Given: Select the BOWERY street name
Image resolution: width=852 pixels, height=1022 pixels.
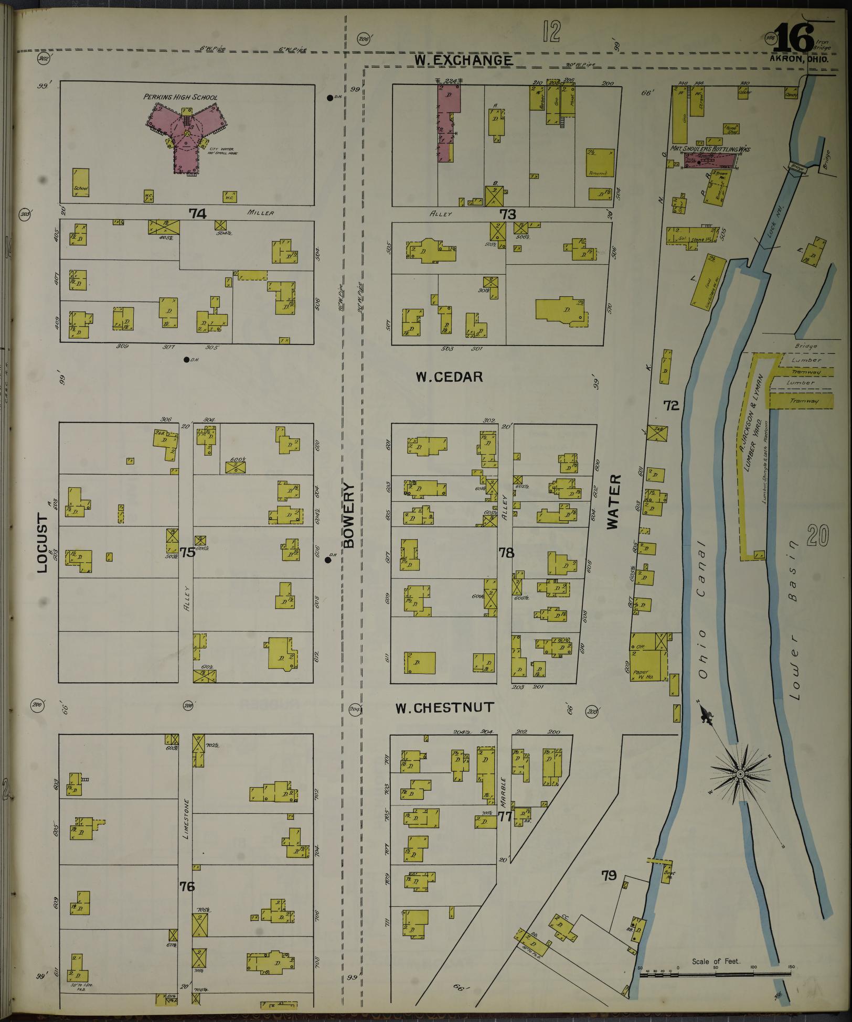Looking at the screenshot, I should (350, 515).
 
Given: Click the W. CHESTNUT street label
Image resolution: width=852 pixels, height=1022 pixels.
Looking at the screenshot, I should (444, 708).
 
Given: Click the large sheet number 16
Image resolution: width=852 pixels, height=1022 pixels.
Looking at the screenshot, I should (793, 39).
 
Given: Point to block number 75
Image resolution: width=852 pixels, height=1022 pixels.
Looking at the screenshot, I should (187, 552).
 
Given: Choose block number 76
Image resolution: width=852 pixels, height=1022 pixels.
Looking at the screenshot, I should (187, 886).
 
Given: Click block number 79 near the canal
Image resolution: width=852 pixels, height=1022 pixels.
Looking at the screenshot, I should (609, 875).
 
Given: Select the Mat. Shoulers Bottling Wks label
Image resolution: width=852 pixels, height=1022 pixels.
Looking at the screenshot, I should (711, 149).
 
